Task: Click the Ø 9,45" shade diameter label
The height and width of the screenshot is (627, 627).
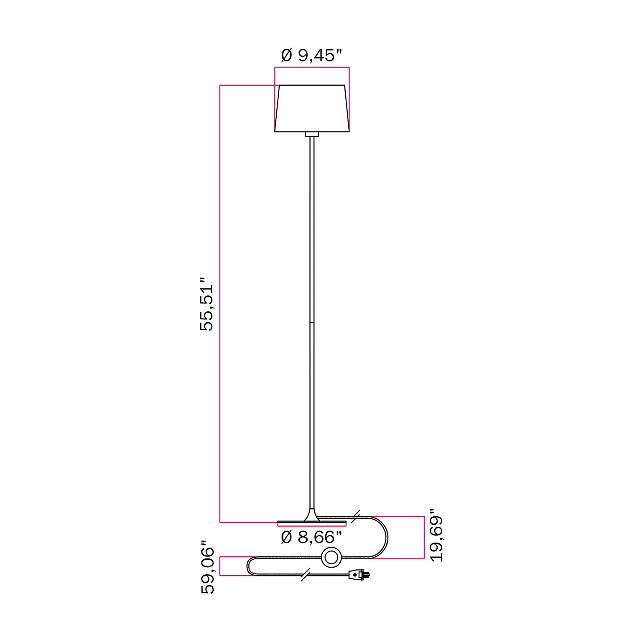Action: tap(311, 55)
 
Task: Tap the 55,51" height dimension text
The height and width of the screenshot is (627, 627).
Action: tap(206, 304)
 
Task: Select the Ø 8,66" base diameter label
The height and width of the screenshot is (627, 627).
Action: tap(311, 537)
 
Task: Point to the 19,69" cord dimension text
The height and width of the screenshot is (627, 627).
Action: tap(437, 538)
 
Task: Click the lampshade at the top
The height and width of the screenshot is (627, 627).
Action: tap(312, 108)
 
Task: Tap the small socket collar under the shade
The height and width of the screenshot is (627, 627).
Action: tap(312, 134)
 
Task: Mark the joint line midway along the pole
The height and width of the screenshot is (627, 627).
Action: tap(312, 322)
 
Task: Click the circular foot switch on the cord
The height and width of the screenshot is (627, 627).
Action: tap(331, 557)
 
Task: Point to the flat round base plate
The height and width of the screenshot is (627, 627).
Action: tap(312, 522)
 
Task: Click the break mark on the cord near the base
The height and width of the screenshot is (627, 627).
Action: tap(356, 517)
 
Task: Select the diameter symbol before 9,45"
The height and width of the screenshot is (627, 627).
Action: tap(286, 55)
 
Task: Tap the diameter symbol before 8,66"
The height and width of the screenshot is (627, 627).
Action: tap(286, 537)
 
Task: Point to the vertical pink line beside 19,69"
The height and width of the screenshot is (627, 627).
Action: tap(424, 537)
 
